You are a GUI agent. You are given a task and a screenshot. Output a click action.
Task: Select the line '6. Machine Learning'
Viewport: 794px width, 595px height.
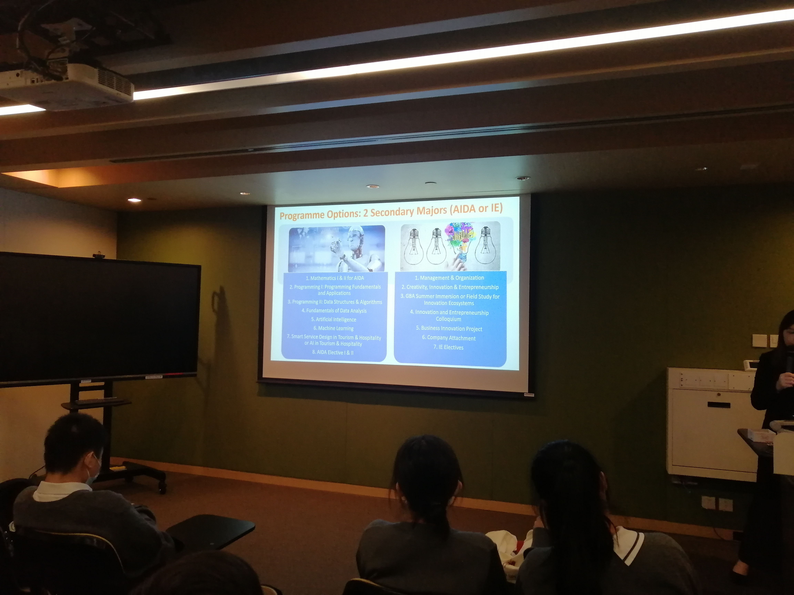(333, 328)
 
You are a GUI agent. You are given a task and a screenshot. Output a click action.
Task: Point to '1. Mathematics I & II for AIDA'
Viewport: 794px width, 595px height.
(335, 278)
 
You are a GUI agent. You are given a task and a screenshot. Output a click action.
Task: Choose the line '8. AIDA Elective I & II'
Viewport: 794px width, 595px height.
(333, 353)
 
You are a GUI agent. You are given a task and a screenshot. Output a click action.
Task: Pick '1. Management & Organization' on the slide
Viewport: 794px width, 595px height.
(449, 278)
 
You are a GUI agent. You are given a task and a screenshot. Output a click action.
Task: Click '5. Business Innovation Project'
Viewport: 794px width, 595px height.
(449, 328)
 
